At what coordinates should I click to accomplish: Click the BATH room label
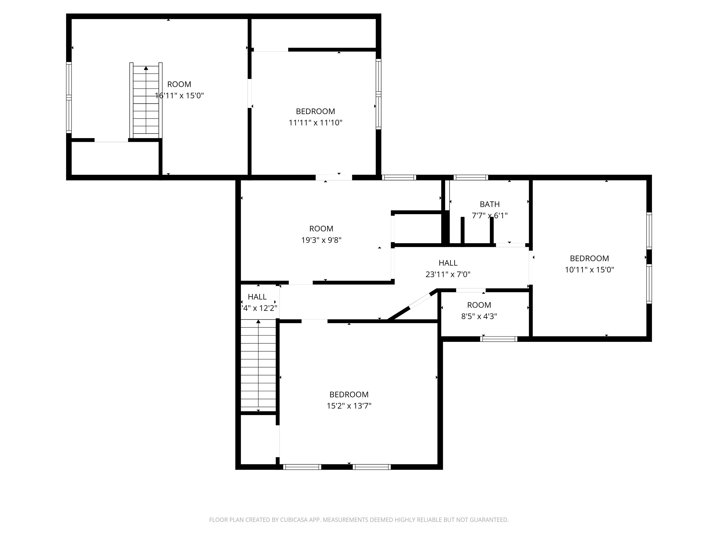click(489, 204)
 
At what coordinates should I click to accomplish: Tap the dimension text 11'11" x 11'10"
click(316, 123)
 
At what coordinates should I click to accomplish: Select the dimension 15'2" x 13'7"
click(349, 406)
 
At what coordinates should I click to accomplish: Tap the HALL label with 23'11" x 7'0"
click(448, 263)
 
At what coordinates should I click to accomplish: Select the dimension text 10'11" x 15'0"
click(589, 270)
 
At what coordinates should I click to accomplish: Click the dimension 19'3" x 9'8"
click(321, 240)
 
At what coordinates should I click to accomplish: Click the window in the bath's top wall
click(471, 177)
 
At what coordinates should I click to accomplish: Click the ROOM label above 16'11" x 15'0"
click(179, 84)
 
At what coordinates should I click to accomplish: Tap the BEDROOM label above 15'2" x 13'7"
click(349, 394)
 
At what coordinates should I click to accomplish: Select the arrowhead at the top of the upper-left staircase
click(146, 68)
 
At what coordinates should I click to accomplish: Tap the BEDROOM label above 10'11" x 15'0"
click(589, 258)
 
